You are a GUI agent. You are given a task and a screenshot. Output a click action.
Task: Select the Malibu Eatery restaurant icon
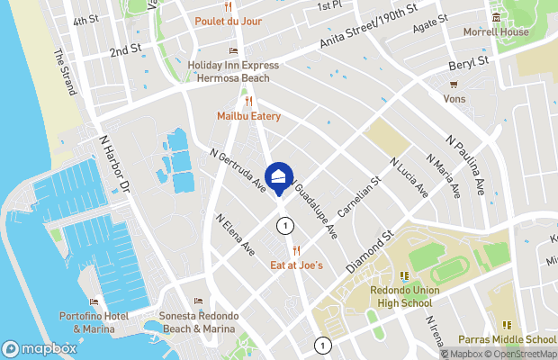click(x=248, y=101)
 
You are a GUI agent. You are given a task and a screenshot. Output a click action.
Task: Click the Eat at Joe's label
click(x=297, y=265)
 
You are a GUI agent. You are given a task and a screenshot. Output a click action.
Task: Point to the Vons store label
click(x=454, y=99)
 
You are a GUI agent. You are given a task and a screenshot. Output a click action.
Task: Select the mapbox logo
click(x=40, y=348)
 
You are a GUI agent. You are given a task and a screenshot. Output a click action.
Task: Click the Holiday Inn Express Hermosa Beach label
click(x=233, y=71)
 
